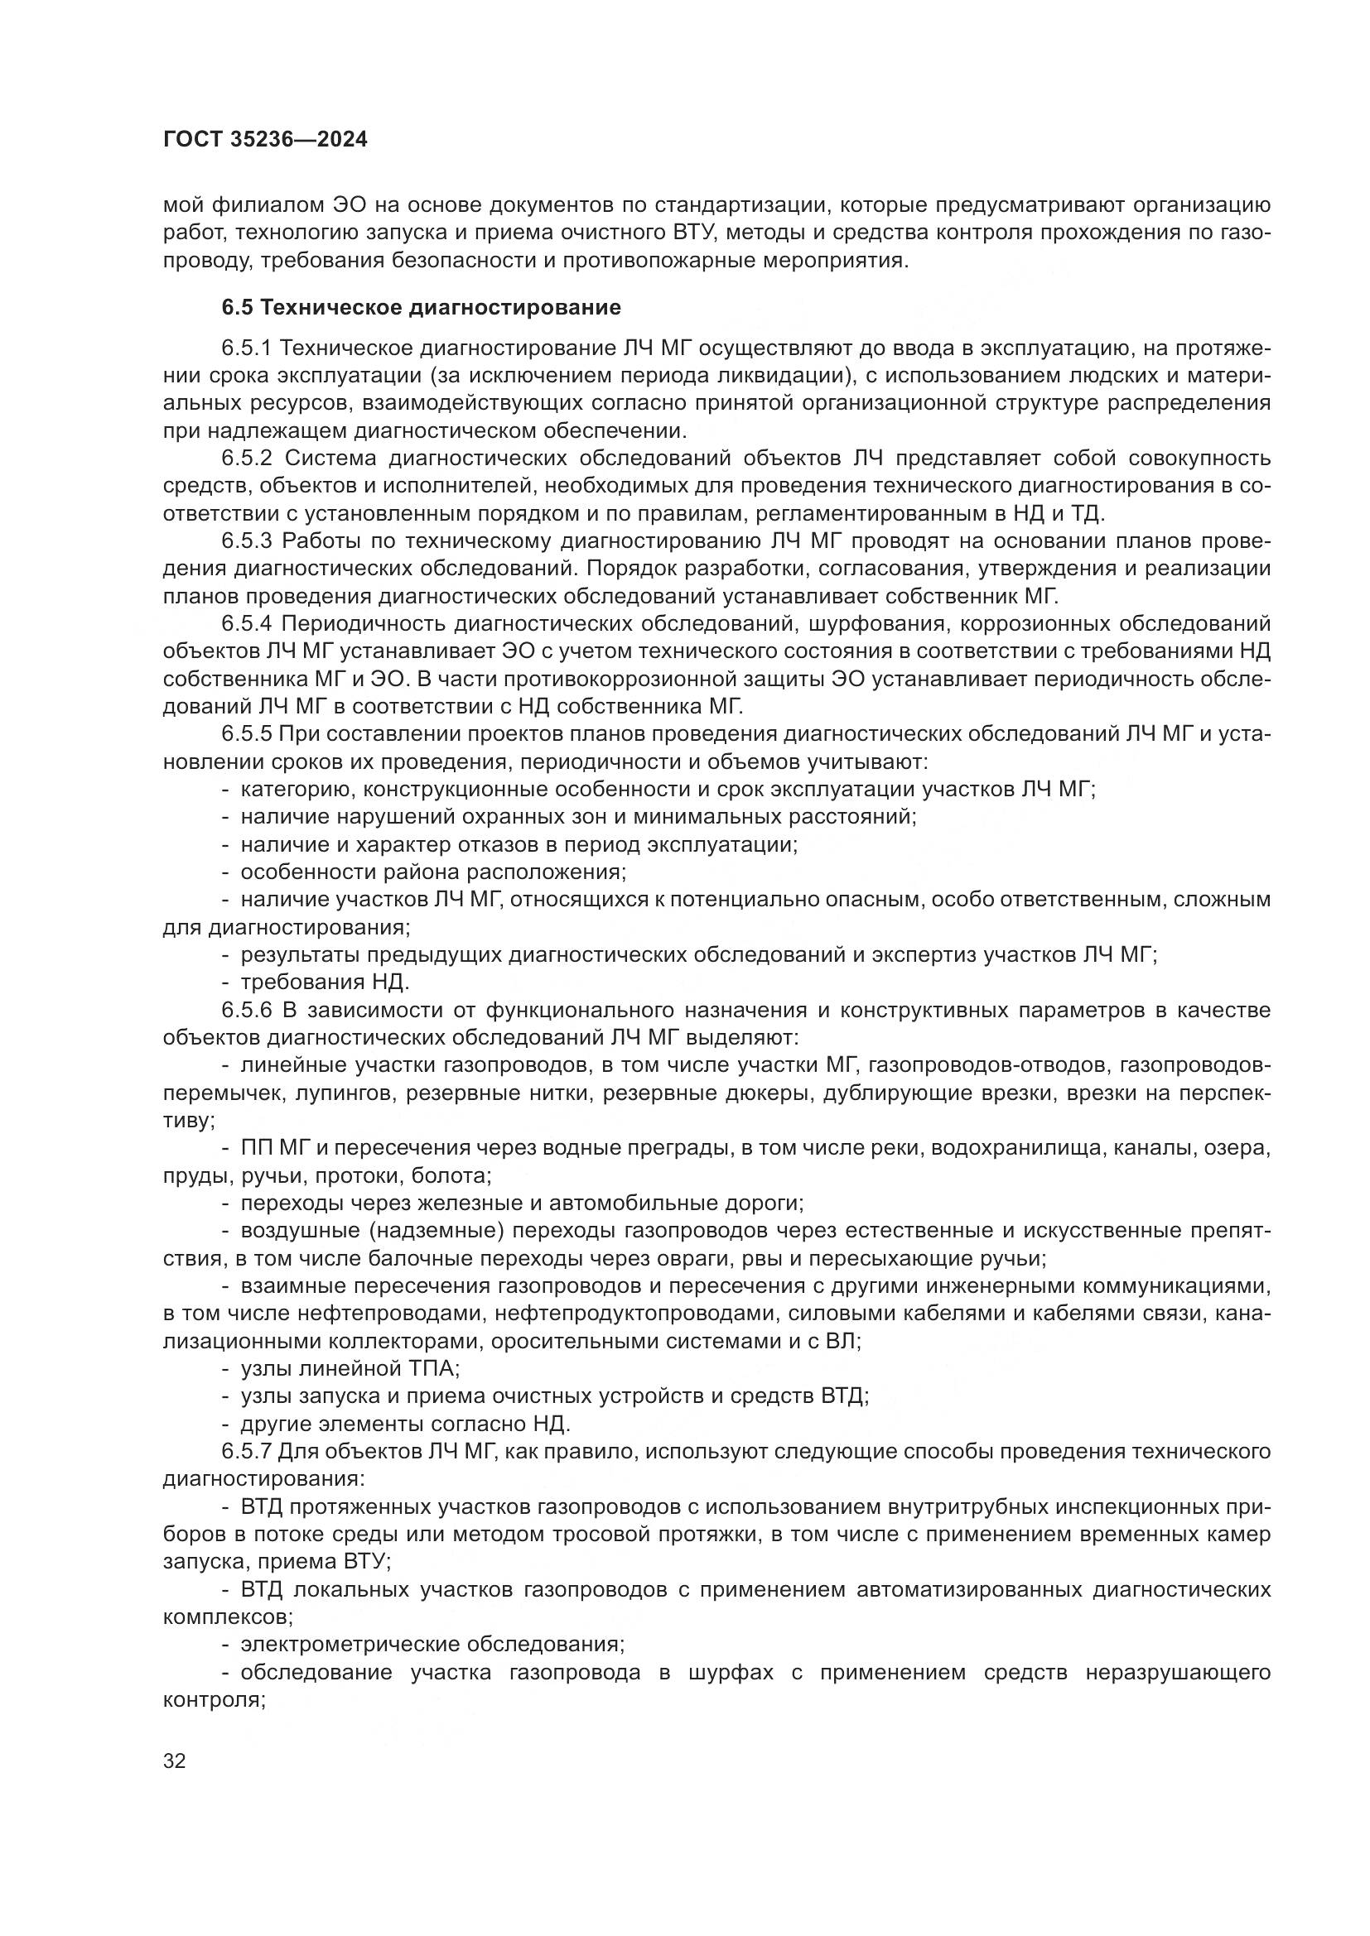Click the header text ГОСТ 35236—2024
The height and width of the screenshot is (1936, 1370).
[265, 140]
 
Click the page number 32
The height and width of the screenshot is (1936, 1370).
[174, 1761]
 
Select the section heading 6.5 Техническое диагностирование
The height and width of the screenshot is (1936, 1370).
[421, 308]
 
